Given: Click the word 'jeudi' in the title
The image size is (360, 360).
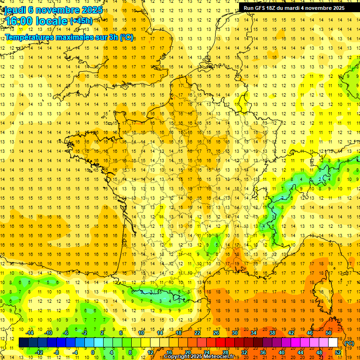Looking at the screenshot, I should [15, 10].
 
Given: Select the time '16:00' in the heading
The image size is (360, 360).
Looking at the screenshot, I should [21, 21].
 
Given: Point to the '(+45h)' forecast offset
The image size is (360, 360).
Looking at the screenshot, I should [82, 21].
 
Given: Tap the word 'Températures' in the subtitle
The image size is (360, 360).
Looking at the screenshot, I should [29, 37].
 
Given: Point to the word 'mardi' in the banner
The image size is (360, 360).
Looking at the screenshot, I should [297, 8].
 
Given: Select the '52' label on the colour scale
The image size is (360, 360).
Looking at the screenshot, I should [338, 352].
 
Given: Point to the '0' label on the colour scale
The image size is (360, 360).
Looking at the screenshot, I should [93, 352].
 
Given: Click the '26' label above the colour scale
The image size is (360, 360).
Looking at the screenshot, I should [216, 333].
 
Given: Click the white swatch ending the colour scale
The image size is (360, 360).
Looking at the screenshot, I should [333, 343].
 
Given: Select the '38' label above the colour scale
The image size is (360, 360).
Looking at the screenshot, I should [272, 333].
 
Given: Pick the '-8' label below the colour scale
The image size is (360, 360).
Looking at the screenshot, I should [56, 352].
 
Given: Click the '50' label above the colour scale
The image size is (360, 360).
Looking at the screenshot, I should [328, 333].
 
